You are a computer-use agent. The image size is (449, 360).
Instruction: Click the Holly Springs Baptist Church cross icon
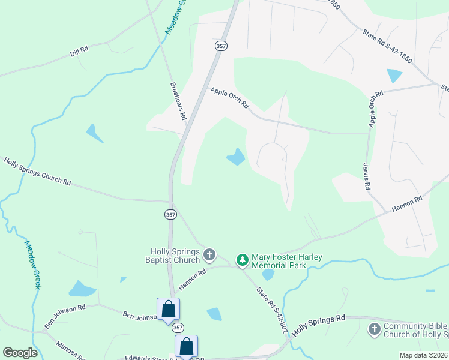coord(209,255)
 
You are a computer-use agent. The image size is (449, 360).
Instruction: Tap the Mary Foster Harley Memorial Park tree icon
coord(242,260)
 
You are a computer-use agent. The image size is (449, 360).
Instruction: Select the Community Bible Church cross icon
coord(374,329)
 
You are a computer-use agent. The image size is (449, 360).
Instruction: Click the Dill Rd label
coord(79,52)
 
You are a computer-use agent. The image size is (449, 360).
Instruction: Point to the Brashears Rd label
coord(179,101)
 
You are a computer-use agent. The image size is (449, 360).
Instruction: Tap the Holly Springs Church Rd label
coord(37,171)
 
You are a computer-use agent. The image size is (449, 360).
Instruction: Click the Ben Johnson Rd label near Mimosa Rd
coord(65,316)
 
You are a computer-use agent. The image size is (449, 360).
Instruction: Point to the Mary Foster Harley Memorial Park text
coord(287,261)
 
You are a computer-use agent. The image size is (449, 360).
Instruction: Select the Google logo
coord(20,352)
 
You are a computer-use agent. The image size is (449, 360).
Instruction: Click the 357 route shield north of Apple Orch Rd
coord(220,46)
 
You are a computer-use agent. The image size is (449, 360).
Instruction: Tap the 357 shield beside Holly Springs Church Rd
coord(171,214)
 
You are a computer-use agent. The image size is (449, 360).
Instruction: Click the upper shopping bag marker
coord(169,310)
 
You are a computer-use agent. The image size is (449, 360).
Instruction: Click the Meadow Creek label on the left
coord(32,264)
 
